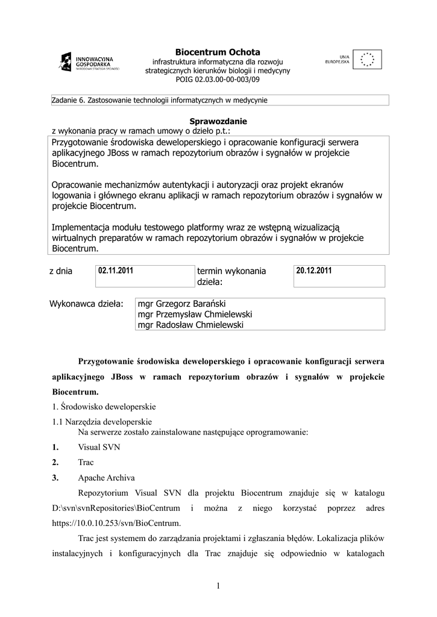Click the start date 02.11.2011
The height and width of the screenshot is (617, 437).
(x=116, y=271)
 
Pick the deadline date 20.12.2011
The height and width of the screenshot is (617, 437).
(x=314, y=271)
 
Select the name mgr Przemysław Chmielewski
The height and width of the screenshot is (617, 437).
(x=195, y=315)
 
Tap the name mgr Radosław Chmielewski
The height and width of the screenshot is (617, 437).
(x=191, y=325)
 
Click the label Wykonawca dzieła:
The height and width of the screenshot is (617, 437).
(x=86, y=304)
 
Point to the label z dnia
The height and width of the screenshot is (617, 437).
(x=61, y=272)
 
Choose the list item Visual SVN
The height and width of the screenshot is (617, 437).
(x=99, y=447)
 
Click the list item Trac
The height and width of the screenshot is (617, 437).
(x=86, y=463)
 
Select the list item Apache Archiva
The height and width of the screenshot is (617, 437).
(x=106, y=478)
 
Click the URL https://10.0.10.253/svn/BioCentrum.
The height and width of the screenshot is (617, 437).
(x=116, y=522)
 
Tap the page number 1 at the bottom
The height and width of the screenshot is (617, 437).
(x=218, y=586)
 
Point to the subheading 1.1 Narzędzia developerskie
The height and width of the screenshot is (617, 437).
(x=102, y=422)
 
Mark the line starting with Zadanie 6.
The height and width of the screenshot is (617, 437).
(x=160, y=100)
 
